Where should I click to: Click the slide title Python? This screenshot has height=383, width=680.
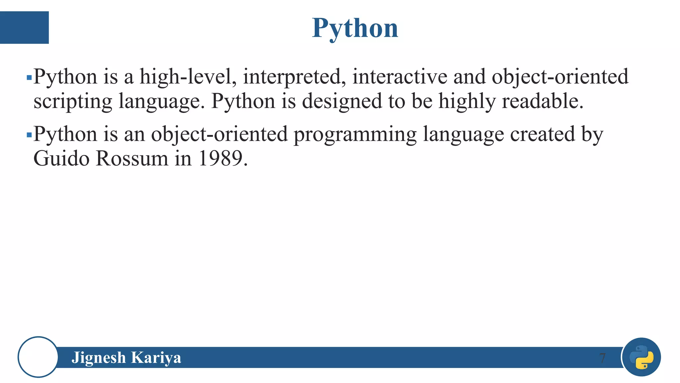[x=355, y=28]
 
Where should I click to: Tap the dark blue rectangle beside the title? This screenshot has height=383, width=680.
[x=24, y=28]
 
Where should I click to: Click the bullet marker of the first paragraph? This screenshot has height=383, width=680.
[x=29, y=78]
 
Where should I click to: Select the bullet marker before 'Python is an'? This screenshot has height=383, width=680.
[x=29, y=135]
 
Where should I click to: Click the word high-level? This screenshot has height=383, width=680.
[x=188, y=77]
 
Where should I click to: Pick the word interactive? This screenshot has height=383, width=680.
[x=400, y=77]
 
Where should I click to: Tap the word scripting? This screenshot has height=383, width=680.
[x=73, y=101]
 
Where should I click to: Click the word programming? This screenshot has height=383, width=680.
[x=355, y=135]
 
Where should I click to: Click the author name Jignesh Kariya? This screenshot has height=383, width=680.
[x=126, y=358]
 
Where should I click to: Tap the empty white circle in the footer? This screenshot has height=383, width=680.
[x=38, y=357]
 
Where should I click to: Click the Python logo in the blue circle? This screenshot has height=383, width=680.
[x=641, y=357]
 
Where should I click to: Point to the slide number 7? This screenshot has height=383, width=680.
[x=602, y=358]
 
